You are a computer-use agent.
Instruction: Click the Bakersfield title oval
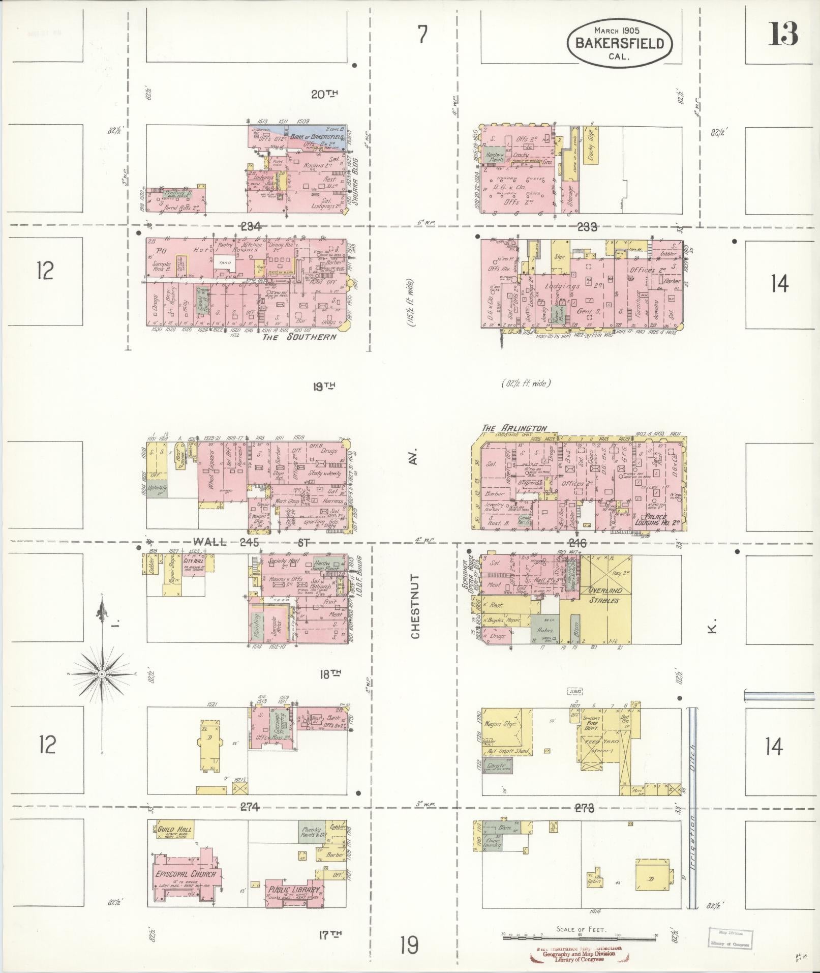pyautogui.click(x=619, y=43)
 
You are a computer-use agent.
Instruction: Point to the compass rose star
pyautogui.click(x=102, y=674)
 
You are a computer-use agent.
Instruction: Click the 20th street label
pyautogui.click(x=325, y=94)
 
